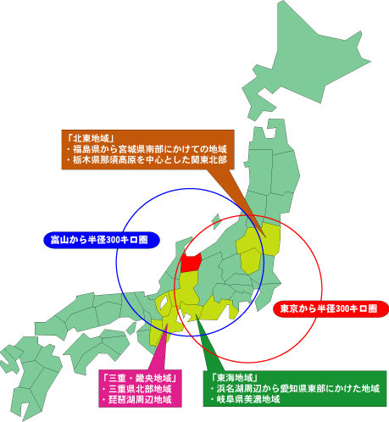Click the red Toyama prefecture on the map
(x=191, y=263)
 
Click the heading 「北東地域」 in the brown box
(x=91, y=138)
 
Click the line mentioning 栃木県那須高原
(x=147, y=160)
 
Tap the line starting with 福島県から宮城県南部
(x=147, y=149)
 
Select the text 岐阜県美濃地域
(x=245, y=399)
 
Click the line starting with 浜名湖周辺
(x=295, y=388)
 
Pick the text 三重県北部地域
(x=136, y=389)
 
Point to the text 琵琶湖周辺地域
(x=136, y=400)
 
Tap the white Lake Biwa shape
(x=163, y=303)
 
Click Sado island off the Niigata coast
(x=216, y=219)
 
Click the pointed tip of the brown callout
(x=265, y=236)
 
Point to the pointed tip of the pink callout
(x=167, y=324)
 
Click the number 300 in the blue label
(x=108, y=240)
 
